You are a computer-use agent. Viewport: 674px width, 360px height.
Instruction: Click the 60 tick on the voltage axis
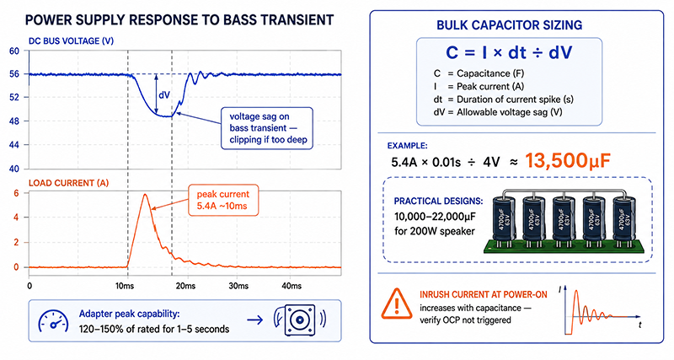click(x=14, y=51)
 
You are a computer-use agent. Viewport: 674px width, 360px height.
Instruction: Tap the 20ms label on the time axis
click(x=185, y=286)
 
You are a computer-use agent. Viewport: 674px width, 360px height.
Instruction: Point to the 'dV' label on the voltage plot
click(x=164, y=95)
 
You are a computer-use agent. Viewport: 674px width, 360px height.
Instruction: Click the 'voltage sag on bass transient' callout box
click(x=267, y=128)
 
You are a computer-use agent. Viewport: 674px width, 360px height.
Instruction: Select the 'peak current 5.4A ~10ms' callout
click(x=223, y=200)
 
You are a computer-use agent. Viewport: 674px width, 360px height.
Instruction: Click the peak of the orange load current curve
click(x=145, y=195)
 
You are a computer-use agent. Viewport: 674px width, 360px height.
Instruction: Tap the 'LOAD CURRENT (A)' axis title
click(x=68, y=183)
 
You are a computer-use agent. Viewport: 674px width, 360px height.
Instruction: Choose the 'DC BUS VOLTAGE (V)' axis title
click(x=71, y=41)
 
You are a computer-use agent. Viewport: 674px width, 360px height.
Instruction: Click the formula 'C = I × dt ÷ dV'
click(x=509, y=53)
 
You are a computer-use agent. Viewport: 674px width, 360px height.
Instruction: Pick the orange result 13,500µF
click(x=568, y=160)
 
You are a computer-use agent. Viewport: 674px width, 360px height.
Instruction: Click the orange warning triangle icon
click(x=396, y=304)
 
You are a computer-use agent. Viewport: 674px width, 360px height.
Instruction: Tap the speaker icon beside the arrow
click(x=300, y=320)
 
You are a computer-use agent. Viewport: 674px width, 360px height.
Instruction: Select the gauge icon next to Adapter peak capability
click(x=53, y=321)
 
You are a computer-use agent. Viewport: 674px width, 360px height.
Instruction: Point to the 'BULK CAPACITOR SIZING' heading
click(x=510, y=25)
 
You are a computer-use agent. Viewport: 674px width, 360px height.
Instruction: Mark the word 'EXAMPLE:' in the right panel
click(x=408, y=146)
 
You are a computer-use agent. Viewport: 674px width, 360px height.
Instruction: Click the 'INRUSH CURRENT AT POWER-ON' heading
click(x=484, y=294)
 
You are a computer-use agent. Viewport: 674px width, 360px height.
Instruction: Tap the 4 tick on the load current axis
click(x=16, y=218)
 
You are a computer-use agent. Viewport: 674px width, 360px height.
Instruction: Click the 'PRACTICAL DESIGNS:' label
click(x=438, y=201)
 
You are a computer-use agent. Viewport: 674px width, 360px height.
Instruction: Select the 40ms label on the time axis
click(x=291, y=286)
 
